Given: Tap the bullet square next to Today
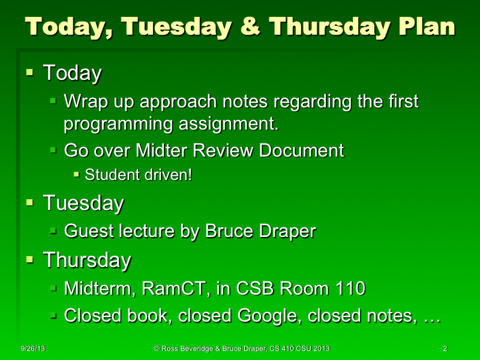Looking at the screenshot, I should click(30, 73).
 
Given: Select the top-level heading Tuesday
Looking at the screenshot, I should click(83, 203).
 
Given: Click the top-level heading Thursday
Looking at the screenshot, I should click(87, 260).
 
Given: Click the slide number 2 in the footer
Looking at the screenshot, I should click(445, 349).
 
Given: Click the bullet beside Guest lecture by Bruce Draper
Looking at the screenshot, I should click(53, 230).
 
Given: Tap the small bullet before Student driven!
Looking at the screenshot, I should click(76, 175).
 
